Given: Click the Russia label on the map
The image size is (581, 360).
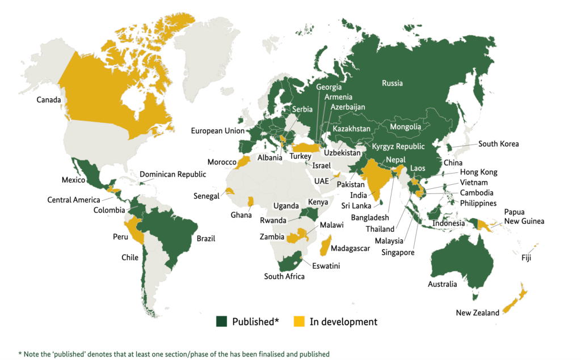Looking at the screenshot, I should click(393, 83).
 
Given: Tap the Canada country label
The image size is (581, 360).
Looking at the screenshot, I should click(49, 100).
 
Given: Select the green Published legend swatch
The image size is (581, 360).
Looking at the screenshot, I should click(222, 321).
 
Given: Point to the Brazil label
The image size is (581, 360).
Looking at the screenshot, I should click(206, 239).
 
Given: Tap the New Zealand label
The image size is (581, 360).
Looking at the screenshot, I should click(477, 313).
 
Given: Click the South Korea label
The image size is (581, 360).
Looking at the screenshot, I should click(498, 144).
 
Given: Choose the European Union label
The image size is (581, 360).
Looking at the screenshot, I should click(217, 131).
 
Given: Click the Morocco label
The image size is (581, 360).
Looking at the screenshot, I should click(221, 162).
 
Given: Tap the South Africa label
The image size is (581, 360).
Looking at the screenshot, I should click(284, 277).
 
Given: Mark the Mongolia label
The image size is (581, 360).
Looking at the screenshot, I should click(405, 126).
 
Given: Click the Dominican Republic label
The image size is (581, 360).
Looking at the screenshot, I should click(173, 174).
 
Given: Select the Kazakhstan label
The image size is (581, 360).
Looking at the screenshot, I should click(351, 129).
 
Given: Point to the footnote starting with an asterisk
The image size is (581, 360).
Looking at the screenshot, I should click(173, 354).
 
